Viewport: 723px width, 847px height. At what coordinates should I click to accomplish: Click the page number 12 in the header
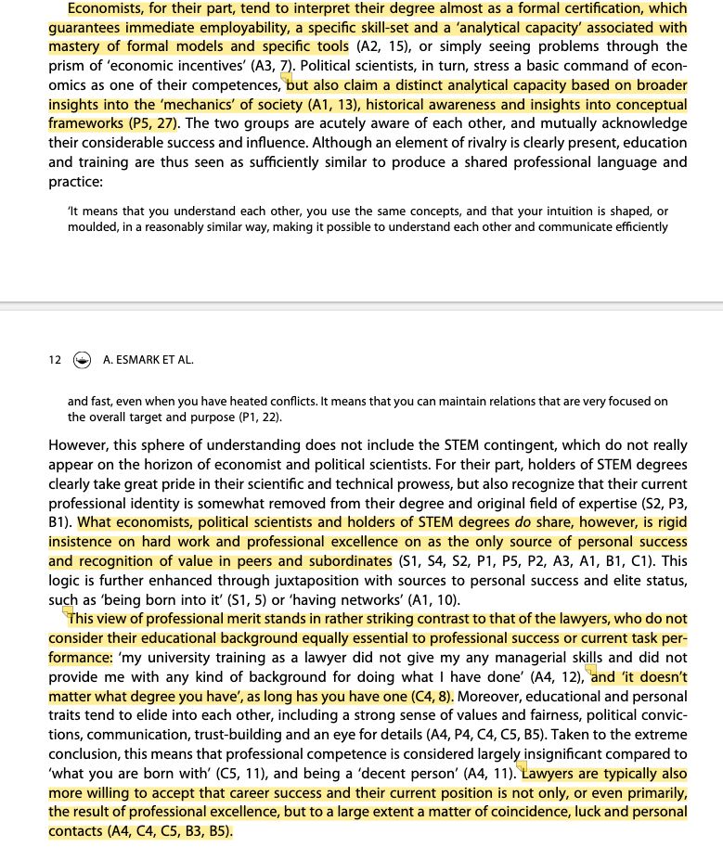pos(55,360)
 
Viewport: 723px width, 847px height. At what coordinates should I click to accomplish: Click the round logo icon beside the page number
pos(82,361)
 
